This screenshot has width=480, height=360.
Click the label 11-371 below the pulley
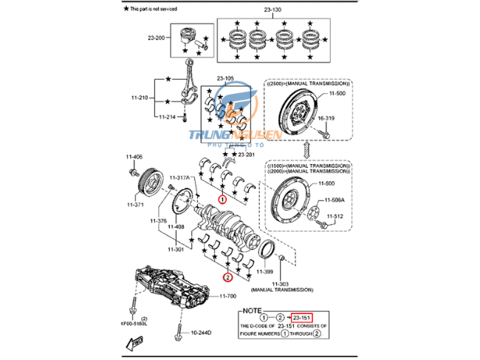[137, 204]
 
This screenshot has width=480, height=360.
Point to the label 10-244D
[201, 333]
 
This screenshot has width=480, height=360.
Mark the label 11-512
[336, 216]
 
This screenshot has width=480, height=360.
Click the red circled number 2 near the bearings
[228, 278]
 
